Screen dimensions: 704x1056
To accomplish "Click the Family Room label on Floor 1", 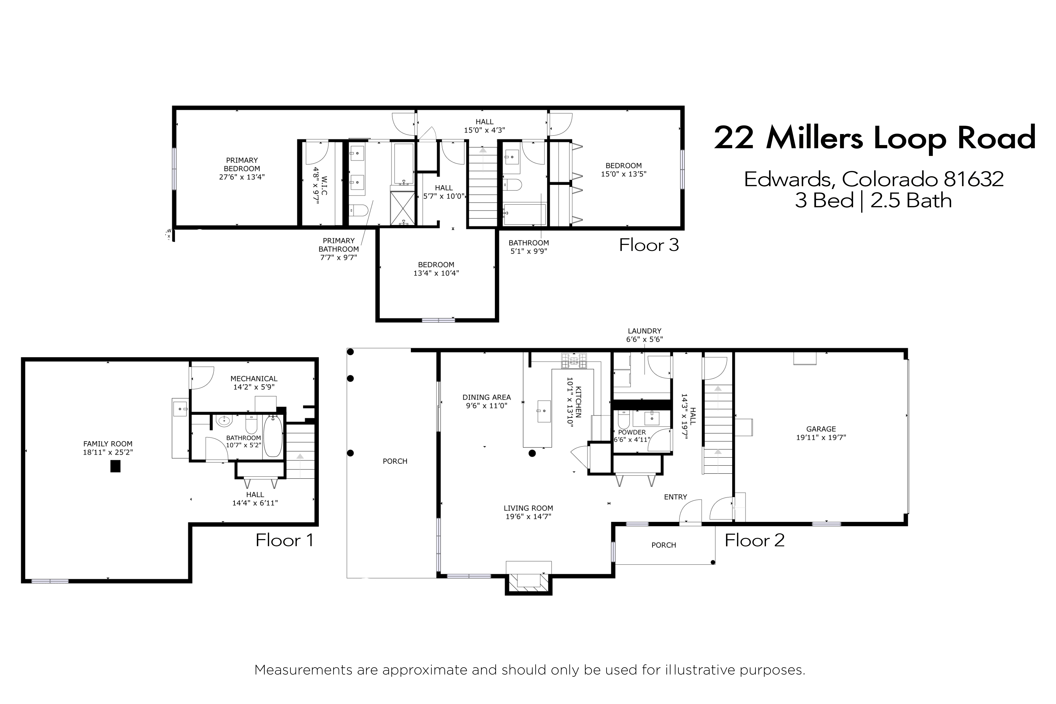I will coord(108,444).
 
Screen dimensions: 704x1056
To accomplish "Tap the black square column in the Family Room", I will coord(115,466).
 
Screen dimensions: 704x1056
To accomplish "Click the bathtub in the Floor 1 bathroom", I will coord(273,436).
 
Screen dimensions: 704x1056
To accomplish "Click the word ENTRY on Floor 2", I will coord(675,497).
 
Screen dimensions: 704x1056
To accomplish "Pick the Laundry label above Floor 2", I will coord(644,331).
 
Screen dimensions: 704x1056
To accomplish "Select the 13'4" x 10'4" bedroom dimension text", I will coord(436,273).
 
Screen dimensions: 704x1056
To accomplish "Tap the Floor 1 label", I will coord(284,540).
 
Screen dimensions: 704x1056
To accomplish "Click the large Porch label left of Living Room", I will coord(395,461).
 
